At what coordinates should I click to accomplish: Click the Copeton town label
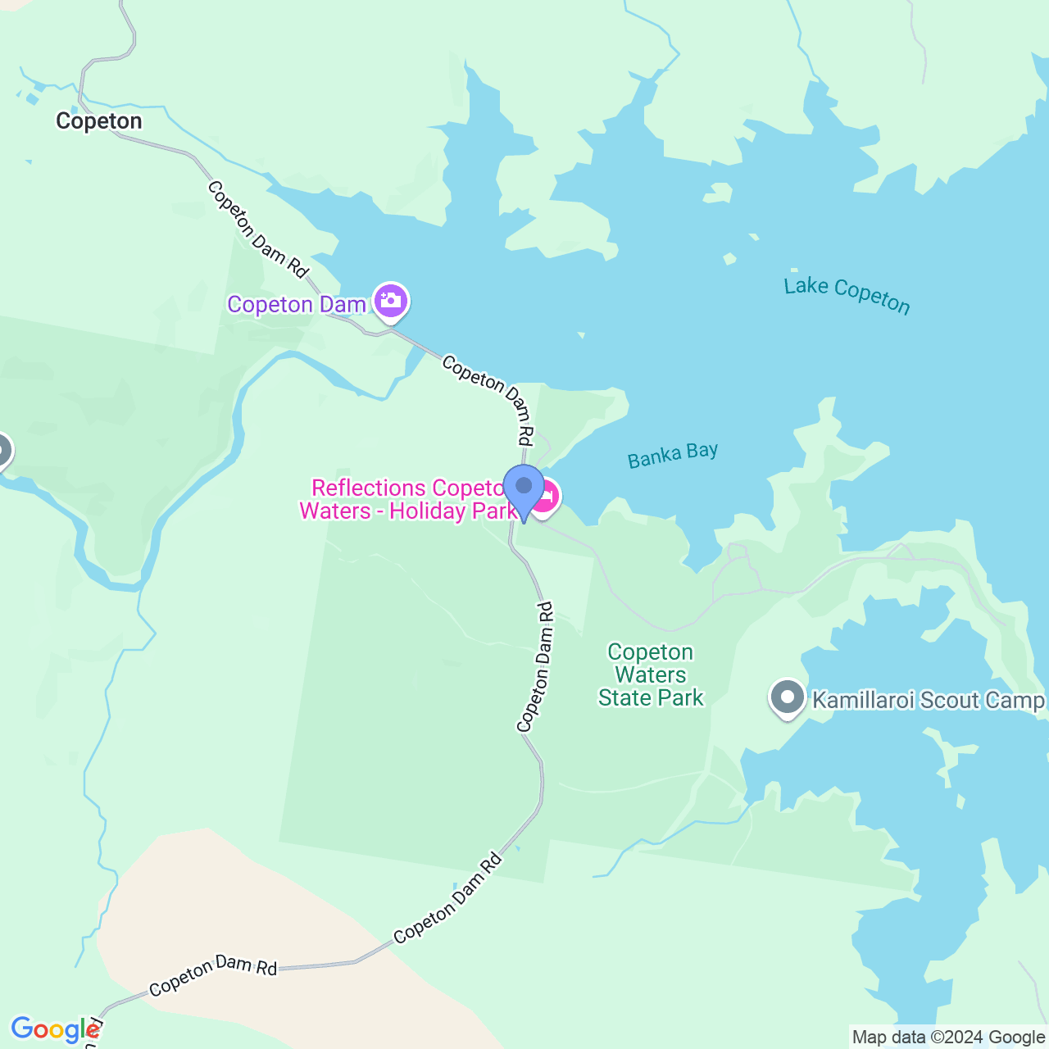pos(98,121)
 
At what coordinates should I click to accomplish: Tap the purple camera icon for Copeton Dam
pos(391,301)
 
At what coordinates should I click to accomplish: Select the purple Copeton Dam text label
pos(297,305)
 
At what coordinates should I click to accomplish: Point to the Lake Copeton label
pos(847,295)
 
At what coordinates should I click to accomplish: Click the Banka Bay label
pos(673,456)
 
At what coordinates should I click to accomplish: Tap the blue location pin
pos(524,490)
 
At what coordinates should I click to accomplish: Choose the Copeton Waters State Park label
pos(651,675)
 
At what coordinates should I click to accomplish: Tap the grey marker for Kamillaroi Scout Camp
pos(788,698)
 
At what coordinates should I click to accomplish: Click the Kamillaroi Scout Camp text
pos(929,701)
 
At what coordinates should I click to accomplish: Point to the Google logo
pos(55,1029)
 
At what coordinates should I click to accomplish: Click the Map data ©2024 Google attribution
pos(948,1038)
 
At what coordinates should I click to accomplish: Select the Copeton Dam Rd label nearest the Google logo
pos(213,974)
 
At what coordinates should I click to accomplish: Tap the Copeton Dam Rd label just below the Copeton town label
pos(257,229)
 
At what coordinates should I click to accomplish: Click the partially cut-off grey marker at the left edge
pos(3,451)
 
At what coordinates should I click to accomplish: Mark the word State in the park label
pos(628,698)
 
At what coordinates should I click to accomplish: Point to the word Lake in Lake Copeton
pos(806,286)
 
